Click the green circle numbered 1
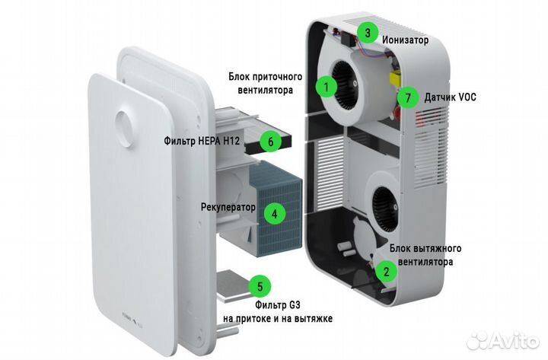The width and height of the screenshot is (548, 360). [x=327, y=87]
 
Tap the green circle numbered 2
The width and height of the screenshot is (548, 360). [x=386, y=272]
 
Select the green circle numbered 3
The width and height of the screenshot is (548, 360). [x=368, y=33]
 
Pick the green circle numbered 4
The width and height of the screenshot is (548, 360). [x=275, y=214]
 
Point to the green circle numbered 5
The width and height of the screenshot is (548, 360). [x=260, y=287]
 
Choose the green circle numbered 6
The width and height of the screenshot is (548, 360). [x=270, y=142]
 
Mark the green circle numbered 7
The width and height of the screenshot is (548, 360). [x=408, y=98]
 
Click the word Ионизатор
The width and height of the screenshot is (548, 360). [x=405, y=40]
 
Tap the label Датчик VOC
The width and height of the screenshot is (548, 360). [x=450, y=97]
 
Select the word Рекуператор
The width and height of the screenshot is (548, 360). [x=228, y=207]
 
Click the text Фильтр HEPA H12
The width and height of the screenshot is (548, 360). [x=202, y=142]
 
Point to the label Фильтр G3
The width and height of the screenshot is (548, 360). [x=278, y=305]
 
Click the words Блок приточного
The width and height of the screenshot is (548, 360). [x=266, y=77]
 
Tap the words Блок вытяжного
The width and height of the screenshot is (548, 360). [x=425, y=249]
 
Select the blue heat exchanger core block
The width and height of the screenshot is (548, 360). [x=276, y=209]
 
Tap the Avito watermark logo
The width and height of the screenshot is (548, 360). [x=503, y=340]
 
